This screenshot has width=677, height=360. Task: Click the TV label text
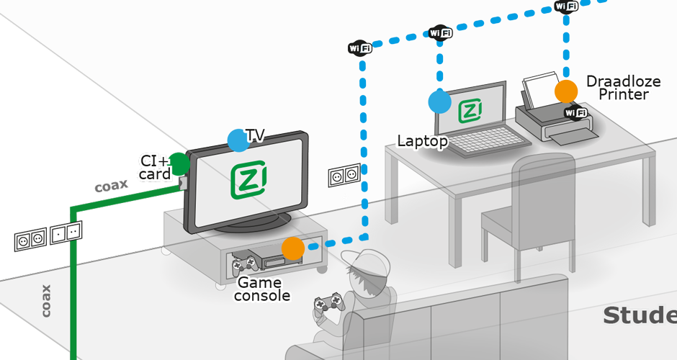(x=256, y=135)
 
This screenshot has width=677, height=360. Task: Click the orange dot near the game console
(x=293, y=248)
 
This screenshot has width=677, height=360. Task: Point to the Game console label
(x=264, y=289)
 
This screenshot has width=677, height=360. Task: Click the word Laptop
(x=422, y=141)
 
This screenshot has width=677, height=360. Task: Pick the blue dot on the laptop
(x=439, y=102)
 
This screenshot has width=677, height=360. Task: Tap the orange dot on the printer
(x=566, y=91)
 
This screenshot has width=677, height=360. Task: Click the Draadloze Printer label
(x=623, y=87)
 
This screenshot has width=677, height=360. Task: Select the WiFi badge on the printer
(x=575, y=112)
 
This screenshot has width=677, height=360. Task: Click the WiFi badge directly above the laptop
(x=440, y=33)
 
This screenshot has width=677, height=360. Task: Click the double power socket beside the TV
(x=344, y=175)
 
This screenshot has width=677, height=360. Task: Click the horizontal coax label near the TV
(x=112, y=185)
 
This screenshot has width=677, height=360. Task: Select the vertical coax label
(x=46, y=300)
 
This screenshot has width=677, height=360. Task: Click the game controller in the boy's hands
(x=328, y=303)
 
